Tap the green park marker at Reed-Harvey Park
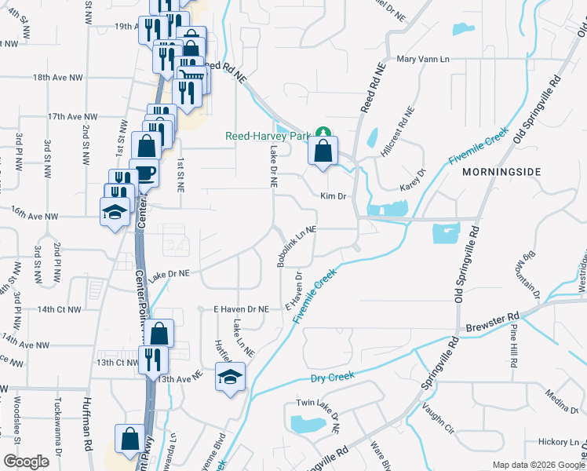(x=322, y=133)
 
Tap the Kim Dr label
(x=333, y=196)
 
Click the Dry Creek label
(x=333, y=376)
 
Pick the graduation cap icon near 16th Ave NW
(x=115, y=211)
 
